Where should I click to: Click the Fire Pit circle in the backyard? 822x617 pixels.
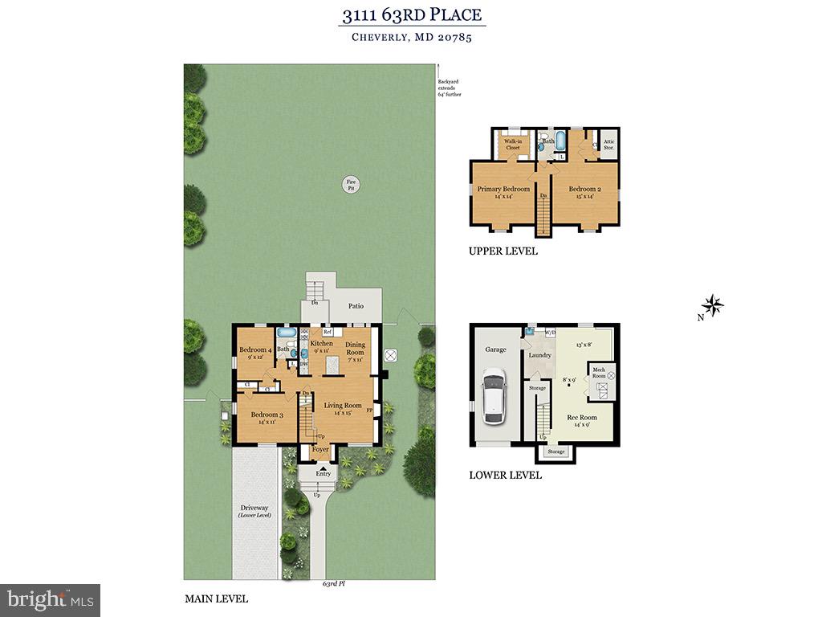(x=351, y=185)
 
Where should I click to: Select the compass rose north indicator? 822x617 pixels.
(x=713, y=305)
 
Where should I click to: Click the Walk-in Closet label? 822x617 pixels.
(x=512, y=145)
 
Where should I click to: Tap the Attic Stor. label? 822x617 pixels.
(x=608, y=145)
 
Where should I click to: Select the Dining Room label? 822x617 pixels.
(x=355, y=348)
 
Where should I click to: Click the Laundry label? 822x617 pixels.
(x=539, y=355)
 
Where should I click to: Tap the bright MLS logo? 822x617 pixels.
(x=50, y=599)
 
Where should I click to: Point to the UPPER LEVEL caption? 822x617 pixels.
(x=503, y=251)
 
